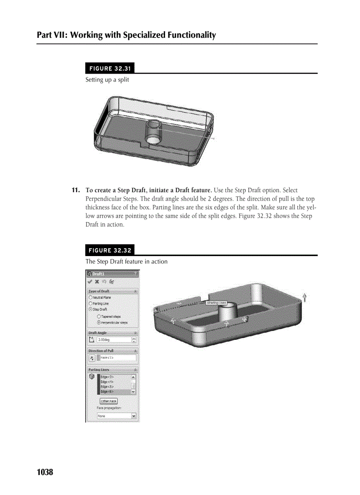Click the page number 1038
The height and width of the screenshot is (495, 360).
(x=45, y=472)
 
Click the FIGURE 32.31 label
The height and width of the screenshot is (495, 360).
(x=109, y=68)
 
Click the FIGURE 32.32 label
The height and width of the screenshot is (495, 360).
(x=109, y=250)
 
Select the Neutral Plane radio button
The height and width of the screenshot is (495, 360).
(x=90, y=298)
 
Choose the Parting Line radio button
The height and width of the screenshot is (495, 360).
(x=90, y=303)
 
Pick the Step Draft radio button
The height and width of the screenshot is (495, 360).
(x=90, y=309)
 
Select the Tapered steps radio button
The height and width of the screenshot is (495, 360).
(x=98, y=316)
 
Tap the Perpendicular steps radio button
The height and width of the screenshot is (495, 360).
(x=98, y=323)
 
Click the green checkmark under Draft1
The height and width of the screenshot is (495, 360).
(x=90, y=281)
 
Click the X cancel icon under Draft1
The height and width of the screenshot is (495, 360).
(x=97, y=281)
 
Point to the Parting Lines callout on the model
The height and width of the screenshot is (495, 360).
(x=216, y=303)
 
